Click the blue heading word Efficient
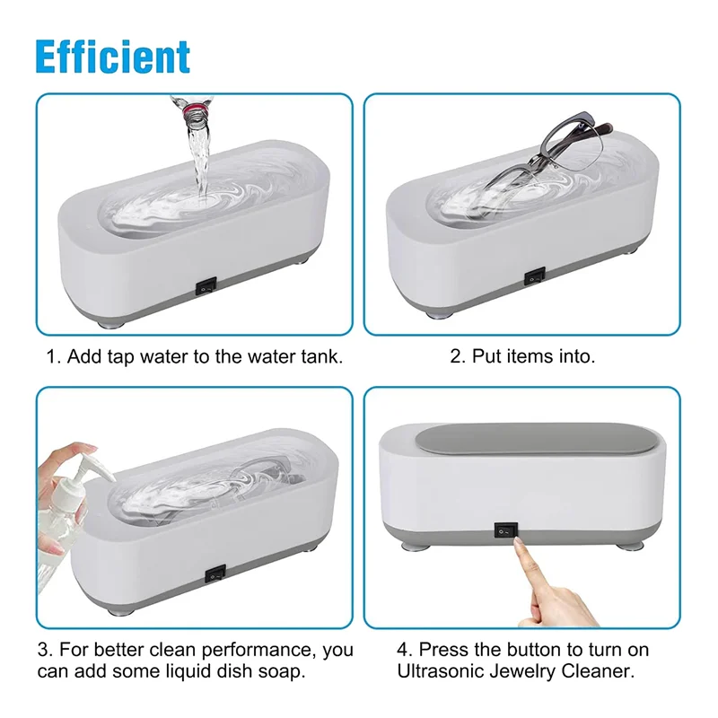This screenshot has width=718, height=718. pos(112,56)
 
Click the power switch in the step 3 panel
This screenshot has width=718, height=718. pos(215,572)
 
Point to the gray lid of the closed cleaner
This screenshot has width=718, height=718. pos(524,447)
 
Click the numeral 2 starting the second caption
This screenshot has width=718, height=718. pos(455,356)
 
